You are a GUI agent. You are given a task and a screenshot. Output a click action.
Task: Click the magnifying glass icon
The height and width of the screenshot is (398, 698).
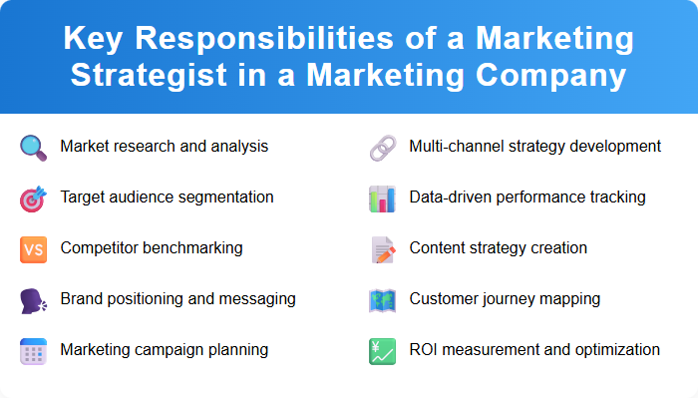[34, 147]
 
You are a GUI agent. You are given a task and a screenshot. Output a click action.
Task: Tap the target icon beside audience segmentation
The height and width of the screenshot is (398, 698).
[34, 198]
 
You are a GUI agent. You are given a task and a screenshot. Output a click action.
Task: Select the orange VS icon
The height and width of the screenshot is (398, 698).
[34, 248]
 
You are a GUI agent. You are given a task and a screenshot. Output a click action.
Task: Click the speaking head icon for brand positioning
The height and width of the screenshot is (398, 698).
[34, 299]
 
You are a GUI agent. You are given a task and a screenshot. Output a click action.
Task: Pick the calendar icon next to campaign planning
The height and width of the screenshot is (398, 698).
[34, 350]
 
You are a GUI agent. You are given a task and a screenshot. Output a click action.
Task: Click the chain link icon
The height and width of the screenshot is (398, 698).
[383, 147]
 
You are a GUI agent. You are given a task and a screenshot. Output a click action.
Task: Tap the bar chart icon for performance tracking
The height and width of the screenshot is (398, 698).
[383, 198]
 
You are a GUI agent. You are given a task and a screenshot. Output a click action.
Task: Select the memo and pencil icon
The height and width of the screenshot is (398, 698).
[383, 248]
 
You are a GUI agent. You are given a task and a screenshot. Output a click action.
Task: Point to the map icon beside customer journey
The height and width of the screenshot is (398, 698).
[383, 299]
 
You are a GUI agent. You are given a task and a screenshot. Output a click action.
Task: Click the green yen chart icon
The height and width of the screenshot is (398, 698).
[383, 350]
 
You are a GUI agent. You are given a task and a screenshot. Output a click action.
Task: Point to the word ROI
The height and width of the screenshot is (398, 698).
[425, 349]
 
